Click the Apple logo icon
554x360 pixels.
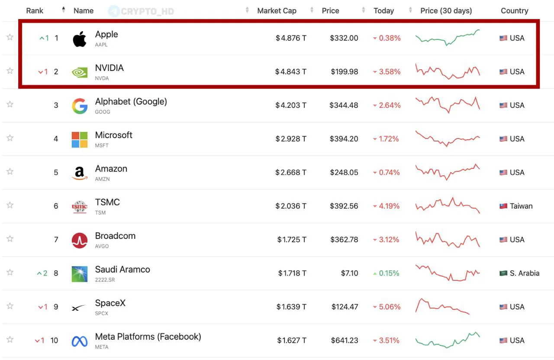[x=80, y=39]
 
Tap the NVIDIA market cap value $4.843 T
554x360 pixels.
[x=291, y=72]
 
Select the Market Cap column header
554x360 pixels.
[x=277, y=11]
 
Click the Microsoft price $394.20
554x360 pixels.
[x=344, y=139]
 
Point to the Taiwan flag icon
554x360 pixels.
[x=503, y=206]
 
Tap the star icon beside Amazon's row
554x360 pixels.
[x=10, y=171]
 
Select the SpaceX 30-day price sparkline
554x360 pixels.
[x=442, y=306]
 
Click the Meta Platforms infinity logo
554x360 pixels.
[x=79, y=341]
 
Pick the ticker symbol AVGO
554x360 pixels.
[x=102, y=246]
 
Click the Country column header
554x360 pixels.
[x=515, y=11]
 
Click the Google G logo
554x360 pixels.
[x=80, y=106]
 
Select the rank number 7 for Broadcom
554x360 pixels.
[x=56, y=240]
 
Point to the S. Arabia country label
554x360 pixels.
[x=525, y=273]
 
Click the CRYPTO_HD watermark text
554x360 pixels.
[x=148, y=11]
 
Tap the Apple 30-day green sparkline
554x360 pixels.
[x=448, y=38]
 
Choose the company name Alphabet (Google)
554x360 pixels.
[x=131, y=102]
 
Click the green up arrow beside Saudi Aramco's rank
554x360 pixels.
[x=39, y=273]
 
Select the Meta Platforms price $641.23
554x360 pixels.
[x=345, y=341]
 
